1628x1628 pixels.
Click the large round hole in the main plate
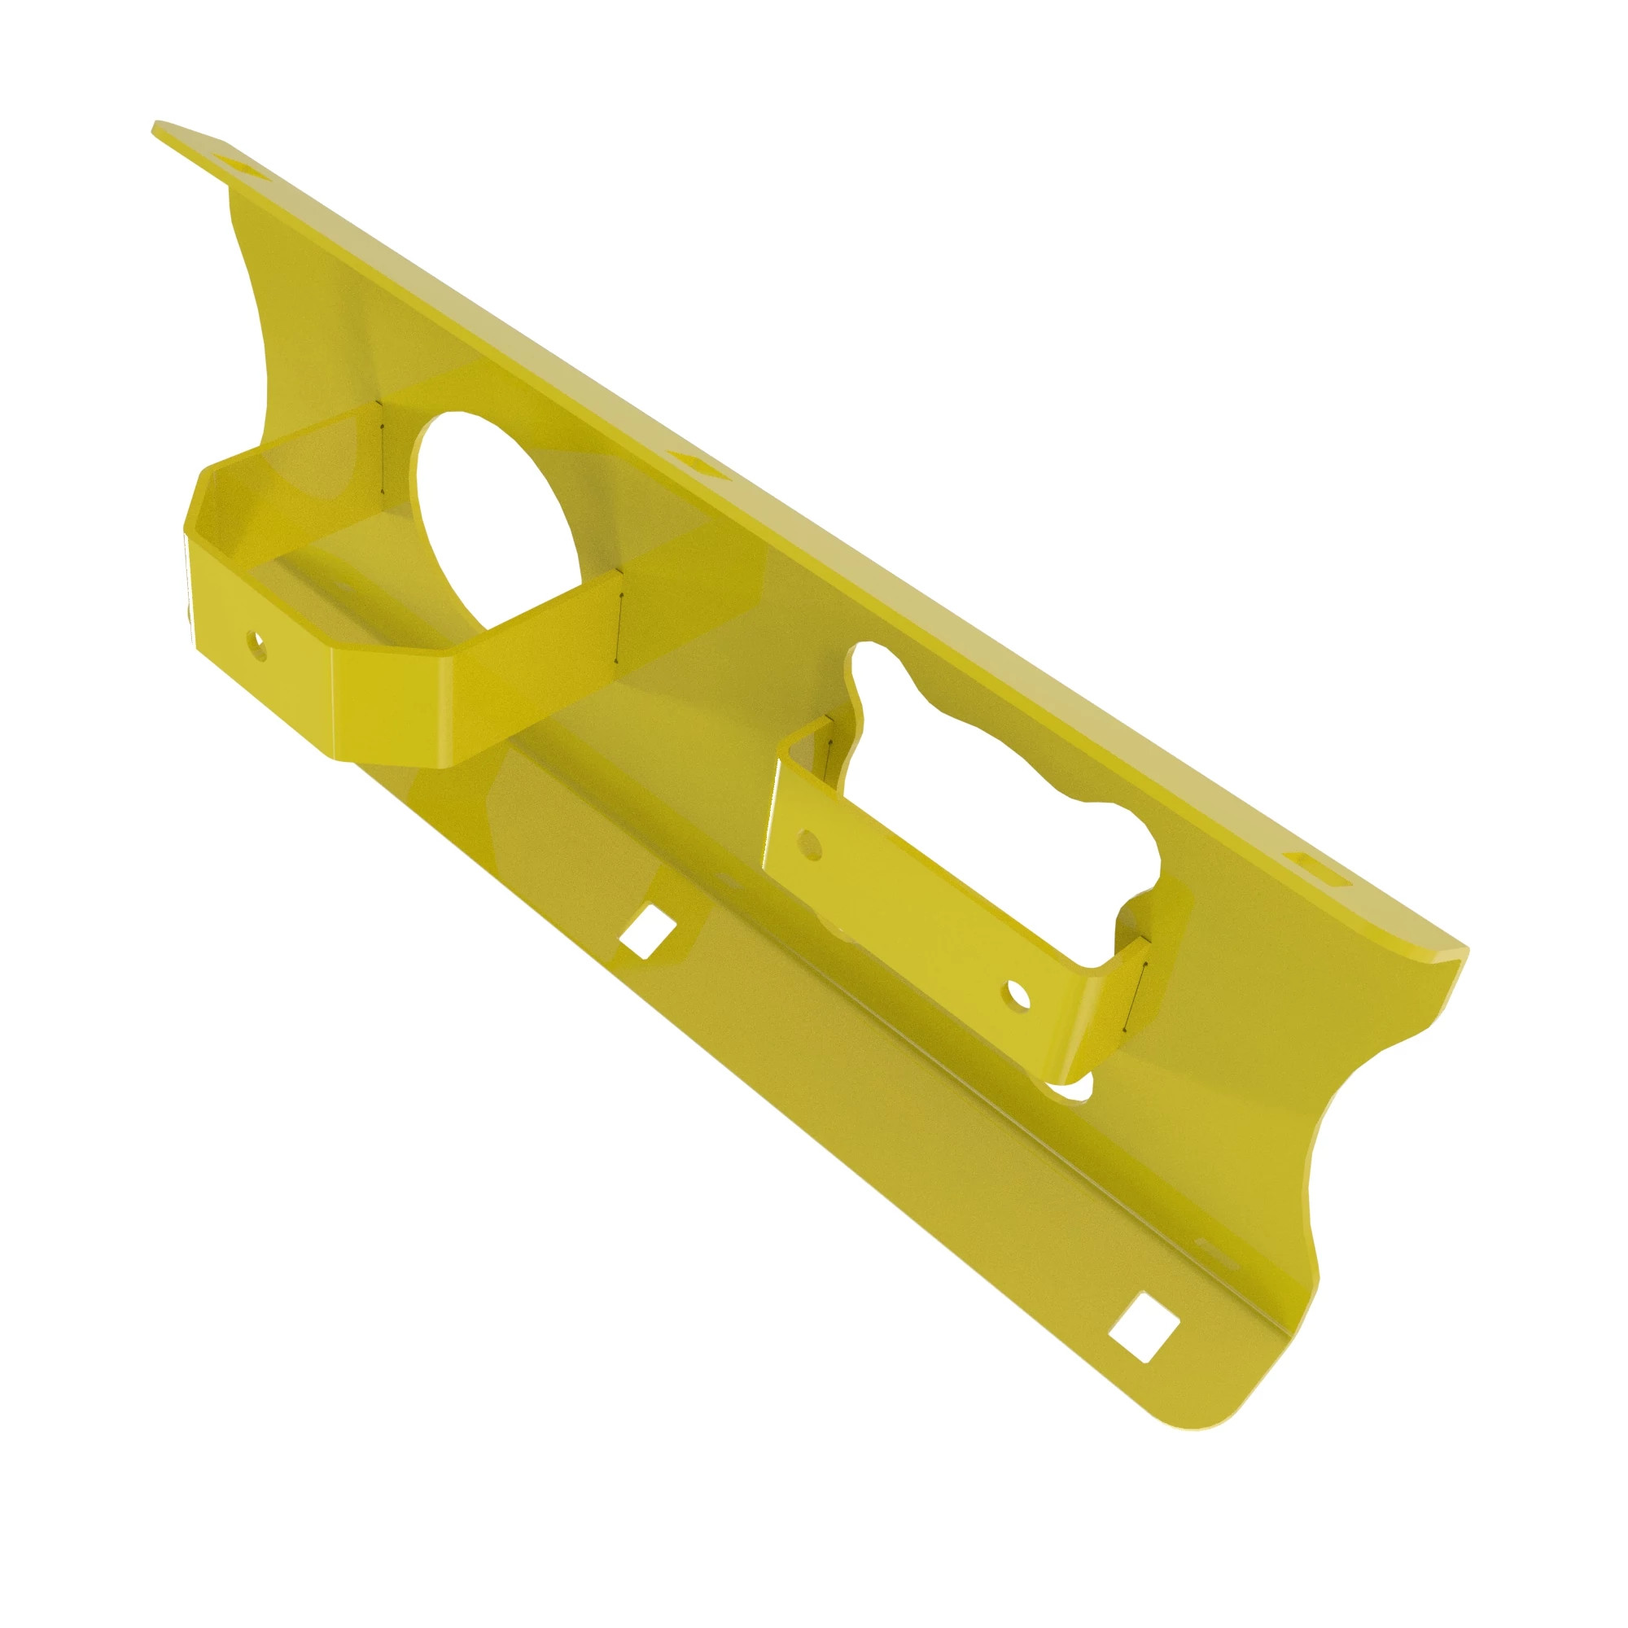(x=497, y=523)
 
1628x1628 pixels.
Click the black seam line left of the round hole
(x=382, y=447)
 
